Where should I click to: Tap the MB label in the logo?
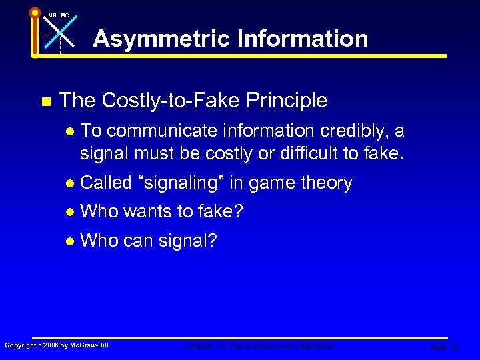(53, 15)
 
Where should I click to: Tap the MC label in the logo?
(65, 15)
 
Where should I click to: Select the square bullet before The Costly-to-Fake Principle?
(45, 101)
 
